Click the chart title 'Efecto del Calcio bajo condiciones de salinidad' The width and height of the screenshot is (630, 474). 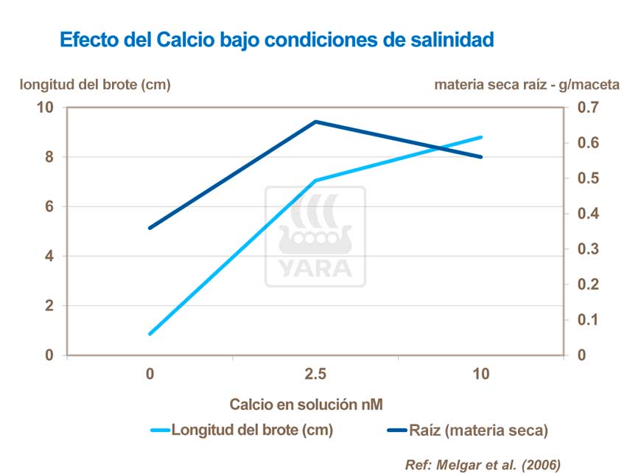click(x=276, y=39)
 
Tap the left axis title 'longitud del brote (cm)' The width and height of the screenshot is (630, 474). click(x=95, y=85)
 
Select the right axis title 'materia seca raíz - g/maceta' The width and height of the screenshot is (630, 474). click(x=527, y=85)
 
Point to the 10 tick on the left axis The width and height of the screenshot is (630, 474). click(x=46, y=108)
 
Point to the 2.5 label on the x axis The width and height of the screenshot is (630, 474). click(x=315, y=374)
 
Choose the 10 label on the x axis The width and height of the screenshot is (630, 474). click(x=480, y=374)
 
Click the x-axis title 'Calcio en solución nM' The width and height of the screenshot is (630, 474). click(x=307, y=404)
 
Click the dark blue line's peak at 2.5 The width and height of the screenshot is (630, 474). click(x=315, y=122)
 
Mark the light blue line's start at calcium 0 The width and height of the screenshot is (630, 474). click(x=150, y=334)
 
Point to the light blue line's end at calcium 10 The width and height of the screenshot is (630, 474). click(x=480, y=137)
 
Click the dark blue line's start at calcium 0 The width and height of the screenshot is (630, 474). click(x=150, y=228)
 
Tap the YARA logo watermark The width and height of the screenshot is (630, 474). click(x=315, y=237)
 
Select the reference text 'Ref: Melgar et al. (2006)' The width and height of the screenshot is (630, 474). click(x=483, y=464)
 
